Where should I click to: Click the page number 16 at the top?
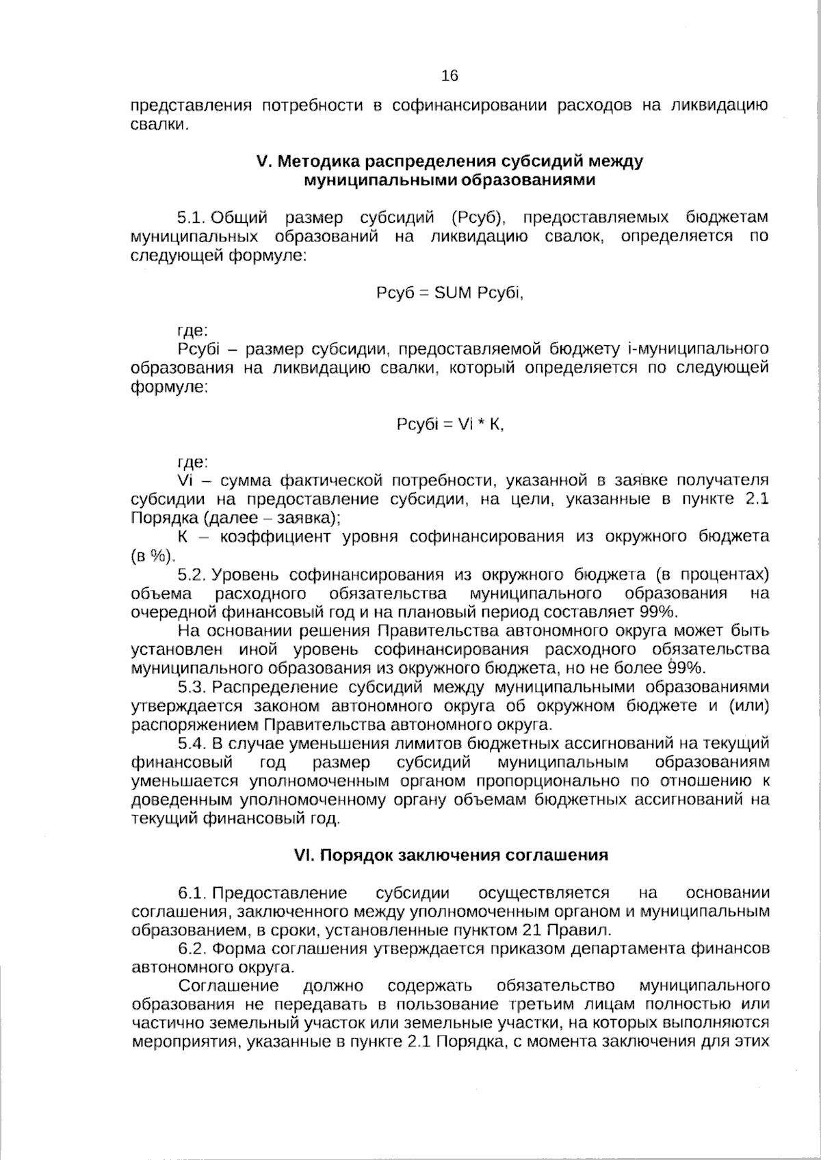[449, 76]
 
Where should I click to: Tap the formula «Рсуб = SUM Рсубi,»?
[449, 293]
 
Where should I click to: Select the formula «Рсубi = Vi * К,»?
[449, 424]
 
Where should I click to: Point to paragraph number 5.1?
[192, 218]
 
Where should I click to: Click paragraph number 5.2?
[192, 574]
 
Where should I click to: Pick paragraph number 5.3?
[192, 687]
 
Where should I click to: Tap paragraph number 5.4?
[192, 743]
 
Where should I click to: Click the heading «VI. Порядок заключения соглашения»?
[450, 855]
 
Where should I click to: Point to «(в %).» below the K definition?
[153, 556]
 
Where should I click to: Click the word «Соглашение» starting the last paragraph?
[229, 986]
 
